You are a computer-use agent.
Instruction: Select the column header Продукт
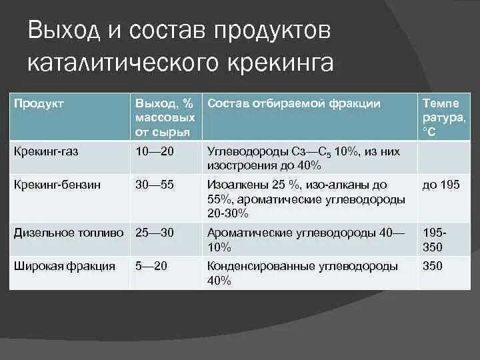pos(39,104)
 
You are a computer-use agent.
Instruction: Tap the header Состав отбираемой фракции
pos(294,103)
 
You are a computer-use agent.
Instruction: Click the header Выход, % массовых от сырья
pos(164,117)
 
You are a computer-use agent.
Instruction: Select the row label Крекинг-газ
pos(46,151)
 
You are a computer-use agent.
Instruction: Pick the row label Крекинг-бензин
pos(57,185)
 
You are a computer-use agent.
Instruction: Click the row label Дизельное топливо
pos(69,233)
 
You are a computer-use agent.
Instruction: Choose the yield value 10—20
pos(155,151)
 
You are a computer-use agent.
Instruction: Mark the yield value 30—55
pos(155,185)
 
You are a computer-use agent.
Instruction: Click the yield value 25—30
pos(155,233)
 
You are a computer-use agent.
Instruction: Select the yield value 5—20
pos(151,266)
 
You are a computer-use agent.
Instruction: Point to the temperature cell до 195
pos(441,185)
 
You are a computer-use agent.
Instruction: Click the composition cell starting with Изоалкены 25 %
pos(306,199)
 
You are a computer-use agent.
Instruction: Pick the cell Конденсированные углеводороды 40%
pos(303,273)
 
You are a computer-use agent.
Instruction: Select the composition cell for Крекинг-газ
pos(303,158)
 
